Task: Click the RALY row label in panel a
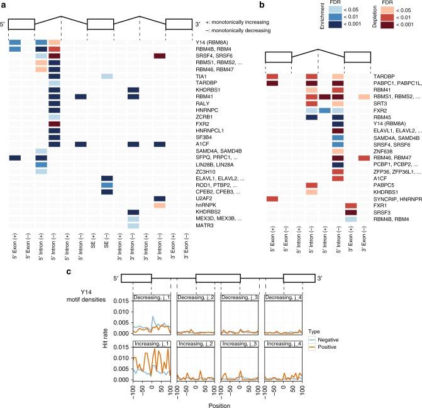pyautogui.click(x=204, y=103)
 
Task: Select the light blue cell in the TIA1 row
pyautogui.click(x=107, y=76)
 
